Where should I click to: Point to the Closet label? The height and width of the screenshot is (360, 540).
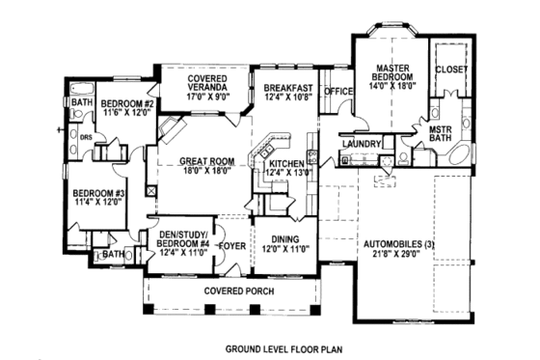tap(450, 69)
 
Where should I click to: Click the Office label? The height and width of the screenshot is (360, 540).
tap(338, 92)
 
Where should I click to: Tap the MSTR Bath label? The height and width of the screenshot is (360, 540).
tap(441, 133)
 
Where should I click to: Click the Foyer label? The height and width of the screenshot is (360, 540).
tap(232, 245)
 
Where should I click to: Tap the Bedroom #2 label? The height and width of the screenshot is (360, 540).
tap(128, 103)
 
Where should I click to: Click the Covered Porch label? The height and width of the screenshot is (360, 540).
tap(237, 291)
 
